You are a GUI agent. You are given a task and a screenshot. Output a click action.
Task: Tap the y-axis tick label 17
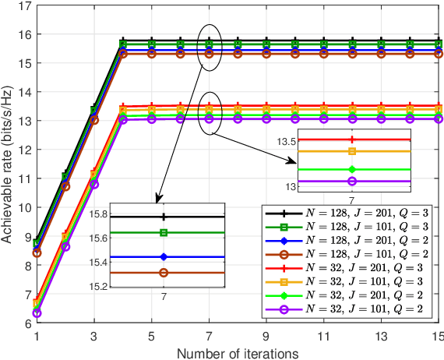point(24,6)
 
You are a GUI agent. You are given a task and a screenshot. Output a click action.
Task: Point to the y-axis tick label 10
point(24,207)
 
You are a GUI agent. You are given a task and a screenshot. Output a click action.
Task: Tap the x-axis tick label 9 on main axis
point(266,334)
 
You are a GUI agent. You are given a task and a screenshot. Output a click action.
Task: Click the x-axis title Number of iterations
point(238,353)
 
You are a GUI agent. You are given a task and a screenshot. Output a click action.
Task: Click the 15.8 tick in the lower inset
point(98,214)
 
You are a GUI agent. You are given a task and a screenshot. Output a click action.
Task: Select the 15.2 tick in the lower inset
point(98,288)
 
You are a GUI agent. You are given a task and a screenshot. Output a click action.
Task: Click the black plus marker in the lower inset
point(164,217)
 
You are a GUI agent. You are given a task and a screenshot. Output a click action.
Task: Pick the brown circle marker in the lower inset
point(164,273)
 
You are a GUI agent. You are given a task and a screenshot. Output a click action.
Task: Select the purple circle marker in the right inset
point(352,181)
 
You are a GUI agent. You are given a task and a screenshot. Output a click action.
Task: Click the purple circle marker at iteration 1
point(37,313)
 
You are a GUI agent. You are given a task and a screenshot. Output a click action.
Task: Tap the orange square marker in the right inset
point(352,151)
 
